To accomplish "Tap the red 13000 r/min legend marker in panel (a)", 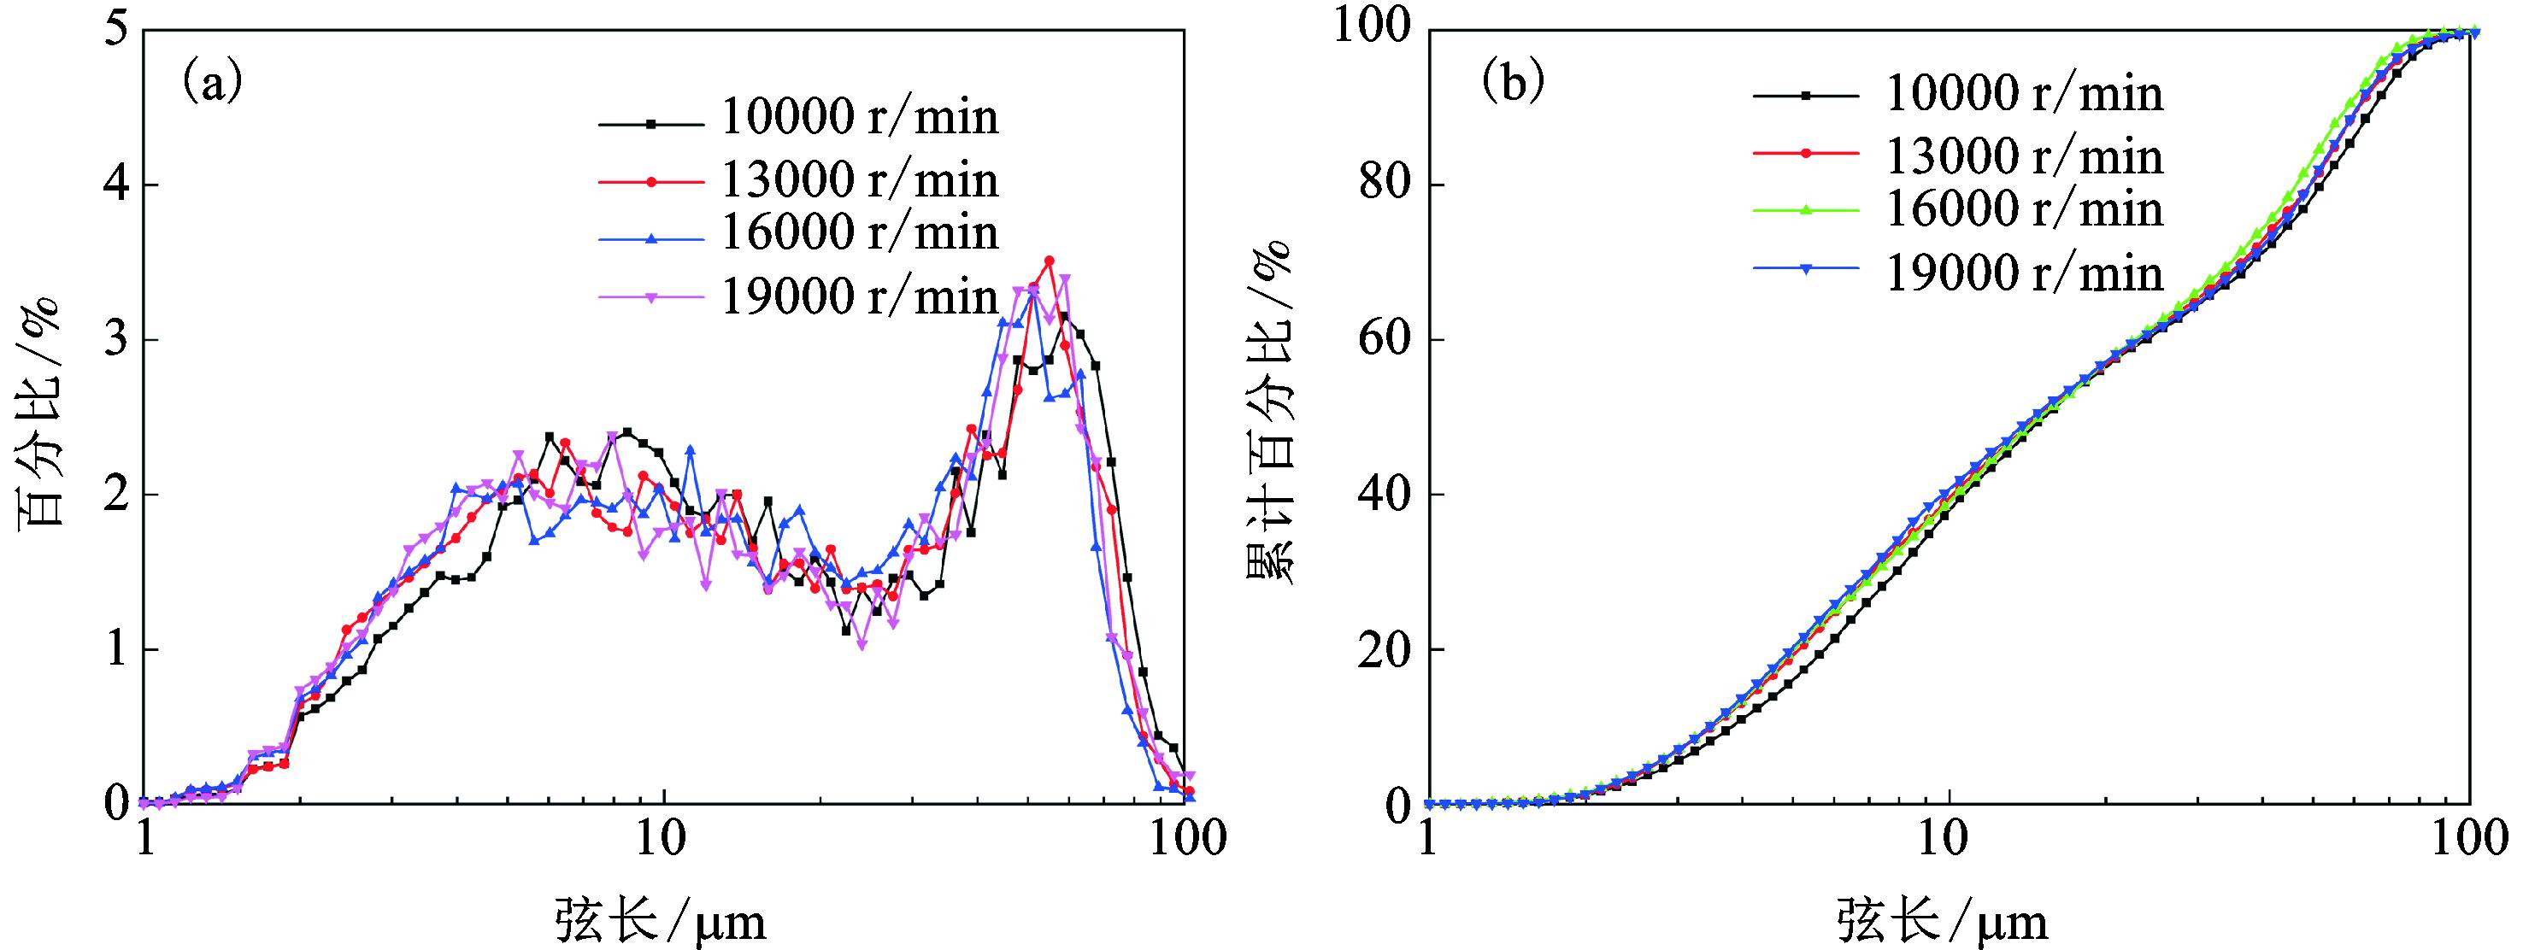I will click(x=650, y=181).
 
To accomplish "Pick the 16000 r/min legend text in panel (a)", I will click(x=860, y=232).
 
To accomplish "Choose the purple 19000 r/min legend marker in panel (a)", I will click(x=650, y=296).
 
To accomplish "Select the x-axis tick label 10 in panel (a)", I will click(x=664, y=841).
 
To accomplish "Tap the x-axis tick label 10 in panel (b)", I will click(x=1947, y=841).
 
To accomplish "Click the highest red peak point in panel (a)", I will click(x=1049, y=261).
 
